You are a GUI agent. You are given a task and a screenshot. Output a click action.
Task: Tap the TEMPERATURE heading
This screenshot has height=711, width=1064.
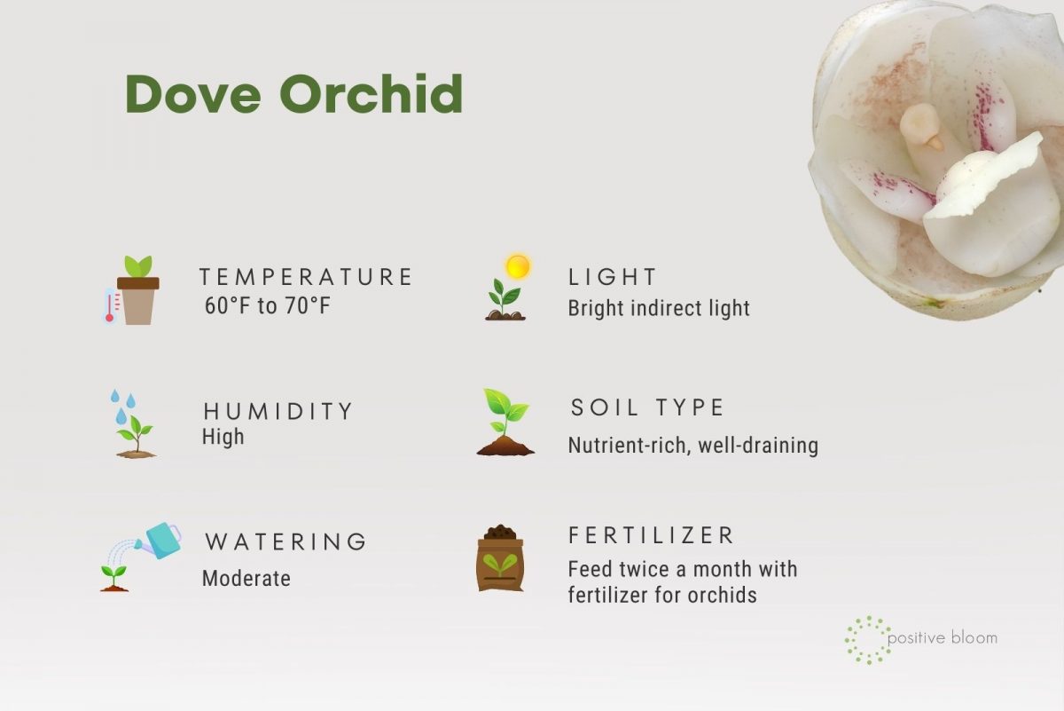click(306, 277)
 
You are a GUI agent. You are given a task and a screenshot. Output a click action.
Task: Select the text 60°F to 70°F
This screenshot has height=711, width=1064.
click(267, 307)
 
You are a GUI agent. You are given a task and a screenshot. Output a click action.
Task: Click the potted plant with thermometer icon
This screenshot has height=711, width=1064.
click(133, 291)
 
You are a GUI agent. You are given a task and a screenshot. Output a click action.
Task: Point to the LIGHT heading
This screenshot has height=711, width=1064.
click(613, 277)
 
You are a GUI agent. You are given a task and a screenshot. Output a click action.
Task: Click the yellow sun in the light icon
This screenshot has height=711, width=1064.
click(517, 266)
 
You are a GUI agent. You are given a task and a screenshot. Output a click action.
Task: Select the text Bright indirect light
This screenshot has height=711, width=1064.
click(659, 308)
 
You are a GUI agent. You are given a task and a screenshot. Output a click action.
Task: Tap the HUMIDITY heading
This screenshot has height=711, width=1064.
click(278, 411)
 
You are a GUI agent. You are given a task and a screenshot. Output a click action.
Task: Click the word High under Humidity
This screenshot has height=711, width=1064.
click(223, 437)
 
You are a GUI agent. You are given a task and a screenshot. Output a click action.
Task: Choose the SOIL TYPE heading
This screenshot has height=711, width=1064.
click(647, 407)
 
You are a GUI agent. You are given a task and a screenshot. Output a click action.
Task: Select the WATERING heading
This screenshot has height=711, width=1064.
click(286, 541)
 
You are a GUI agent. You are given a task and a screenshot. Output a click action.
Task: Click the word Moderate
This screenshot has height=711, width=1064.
click(246, 579)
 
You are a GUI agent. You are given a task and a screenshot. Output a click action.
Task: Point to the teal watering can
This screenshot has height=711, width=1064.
click(161, 539)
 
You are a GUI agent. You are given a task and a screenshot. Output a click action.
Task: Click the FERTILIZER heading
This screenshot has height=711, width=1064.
click(652, 535)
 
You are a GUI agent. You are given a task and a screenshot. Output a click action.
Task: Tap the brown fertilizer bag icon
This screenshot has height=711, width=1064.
click(500, 558)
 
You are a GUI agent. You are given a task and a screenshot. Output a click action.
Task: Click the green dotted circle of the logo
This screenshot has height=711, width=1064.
click(868, 640)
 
